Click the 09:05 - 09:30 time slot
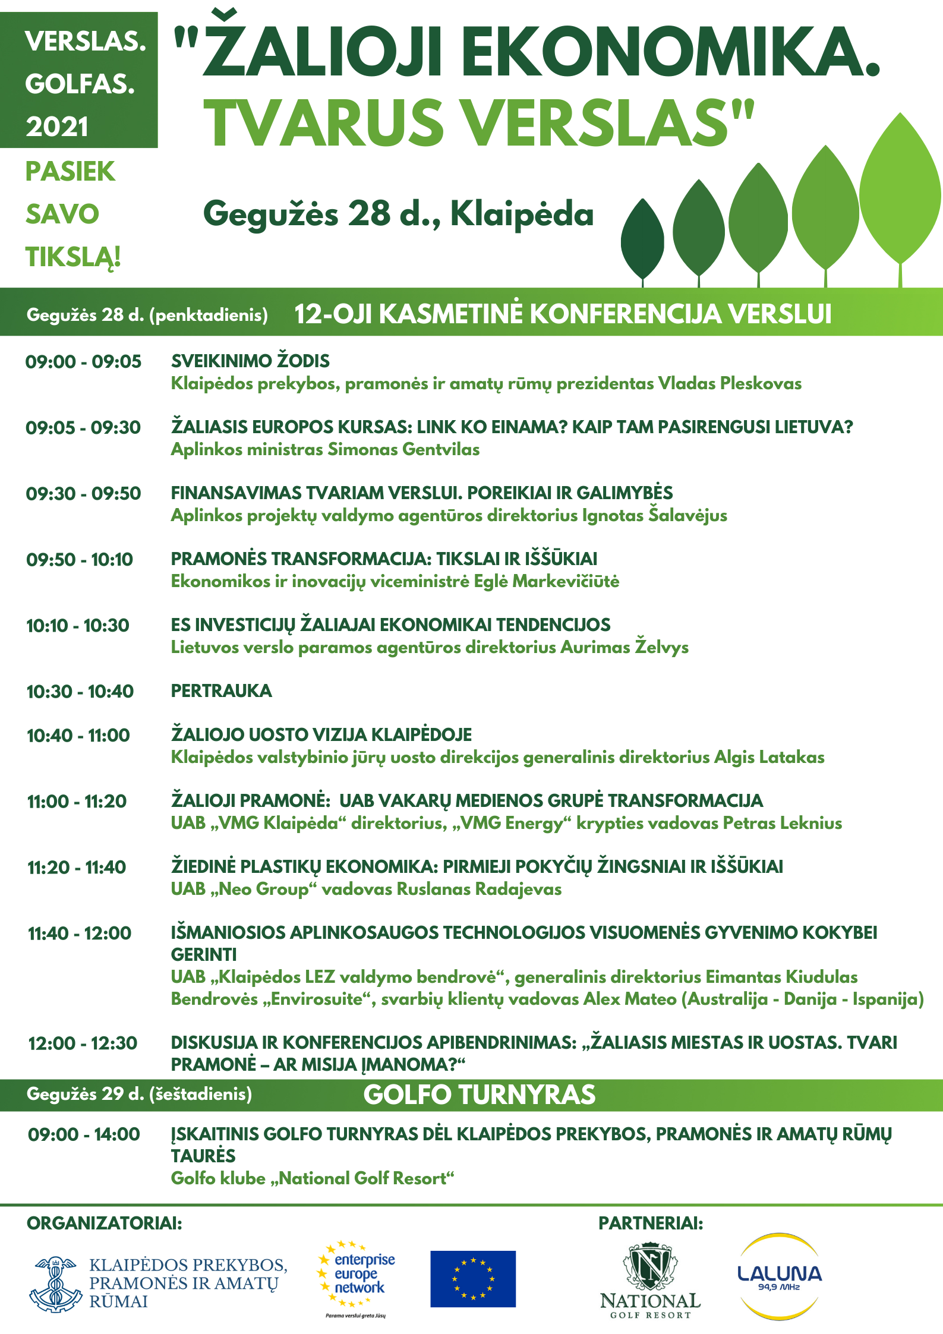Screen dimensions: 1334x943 pos(83,428)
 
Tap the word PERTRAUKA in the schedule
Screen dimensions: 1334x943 pos(221,691)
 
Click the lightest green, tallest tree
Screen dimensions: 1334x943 pos(900,190)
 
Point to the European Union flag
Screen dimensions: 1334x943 pos(472,1278)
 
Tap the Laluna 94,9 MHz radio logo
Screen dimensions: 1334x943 pos(779,1276)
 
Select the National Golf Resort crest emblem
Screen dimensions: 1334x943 pos(650,1264)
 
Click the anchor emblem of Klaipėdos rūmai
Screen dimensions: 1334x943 pos(55,1283)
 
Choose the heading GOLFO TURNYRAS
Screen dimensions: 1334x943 pos(479,1095)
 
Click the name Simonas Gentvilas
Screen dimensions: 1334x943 pos(403,450)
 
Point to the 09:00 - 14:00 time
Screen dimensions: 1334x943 pos(84,1134)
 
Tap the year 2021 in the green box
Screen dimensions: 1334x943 pos(57,127)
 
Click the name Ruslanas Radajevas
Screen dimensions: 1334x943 pos(479,890)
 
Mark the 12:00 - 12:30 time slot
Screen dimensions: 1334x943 pos(83,1043)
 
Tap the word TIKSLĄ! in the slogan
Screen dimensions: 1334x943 pos(73,257)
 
